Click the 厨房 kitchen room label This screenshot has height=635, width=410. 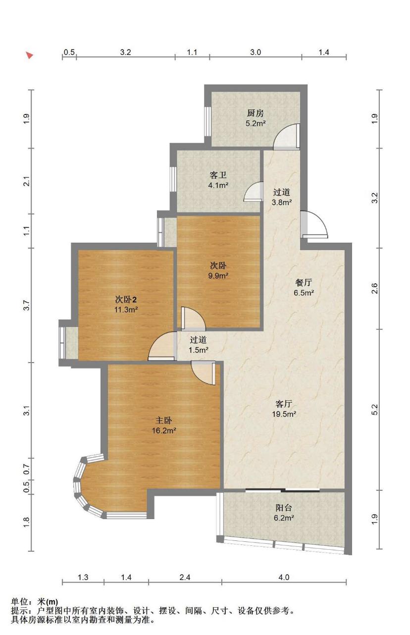(256, 113)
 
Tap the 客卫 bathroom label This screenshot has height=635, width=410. (218, 175)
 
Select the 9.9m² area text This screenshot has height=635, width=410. (218, 275)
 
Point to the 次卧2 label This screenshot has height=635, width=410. (126, 299)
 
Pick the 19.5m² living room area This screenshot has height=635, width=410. (284, 414)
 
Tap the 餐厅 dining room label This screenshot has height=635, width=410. (304, 282)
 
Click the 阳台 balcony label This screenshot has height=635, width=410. (284, 507)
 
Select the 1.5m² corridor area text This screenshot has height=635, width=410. (199, 350)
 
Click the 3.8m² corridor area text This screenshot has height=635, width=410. (282, 203)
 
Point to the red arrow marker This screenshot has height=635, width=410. (30, 55)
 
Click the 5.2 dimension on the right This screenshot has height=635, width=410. (374, 410)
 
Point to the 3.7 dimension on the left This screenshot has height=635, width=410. (26, 305)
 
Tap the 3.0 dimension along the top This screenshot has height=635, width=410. (256, 52)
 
